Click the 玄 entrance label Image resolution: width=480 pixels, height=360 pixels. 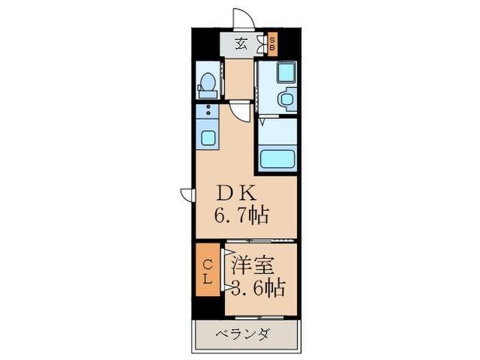242,45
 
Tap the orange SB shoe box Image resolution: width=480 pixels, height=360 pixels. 272,45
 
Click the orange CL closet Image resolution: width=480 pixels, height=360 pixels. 206,271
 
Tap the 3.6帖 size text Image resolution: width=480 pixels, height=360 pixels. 258,286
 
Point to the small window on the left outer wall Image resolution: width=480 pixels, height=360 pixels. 186,194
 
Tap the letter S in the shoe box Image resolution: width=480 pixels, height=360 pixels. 272,40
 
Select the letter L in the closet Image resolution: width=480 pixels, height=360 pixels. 206,278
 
